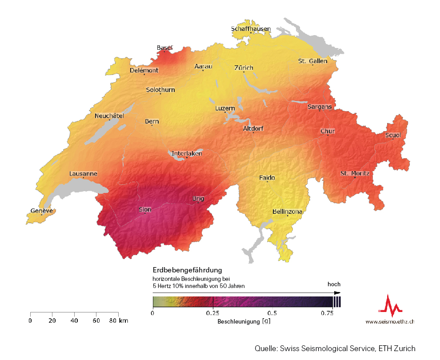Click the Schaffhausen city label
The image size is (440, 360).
[x=251, y=29]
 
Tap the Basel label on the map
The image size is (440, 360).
[x=164, y=48]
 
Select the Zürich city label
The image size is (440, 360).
[x=244, y=68]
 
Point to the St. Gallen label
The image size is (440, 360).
[x=312, y=61]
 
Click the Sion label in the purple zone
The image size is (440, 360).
[x=145, y=209]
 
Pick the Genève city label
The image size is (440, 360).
[x=41, y=211]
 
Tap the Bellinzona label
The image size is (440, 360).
[x=287, y=212]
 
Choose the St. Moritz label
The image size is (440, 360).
[x=354, y=173]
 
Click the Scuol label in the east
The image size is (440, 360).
[x=393, y=135]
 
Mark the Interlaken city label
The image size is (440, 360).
[x=187, y=153]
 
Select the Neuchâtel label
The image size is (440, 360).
[x=109, y=116]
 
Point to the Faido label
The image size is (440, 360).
[x=267, y=178]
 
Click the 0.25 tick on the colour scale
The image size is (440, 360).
[x=213, y=313]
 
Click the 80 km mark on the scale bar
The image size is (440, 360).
[x=117, y=320]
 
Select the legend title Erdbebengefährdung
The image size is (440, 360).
[x=187, y=270]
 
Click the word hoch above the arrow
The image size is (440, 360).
[x=334, y=284]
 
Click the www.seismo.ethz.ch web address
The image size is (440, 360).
[x=390, y=321]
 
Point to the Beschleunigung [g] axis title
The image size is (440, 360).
[x=244, y=320]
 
